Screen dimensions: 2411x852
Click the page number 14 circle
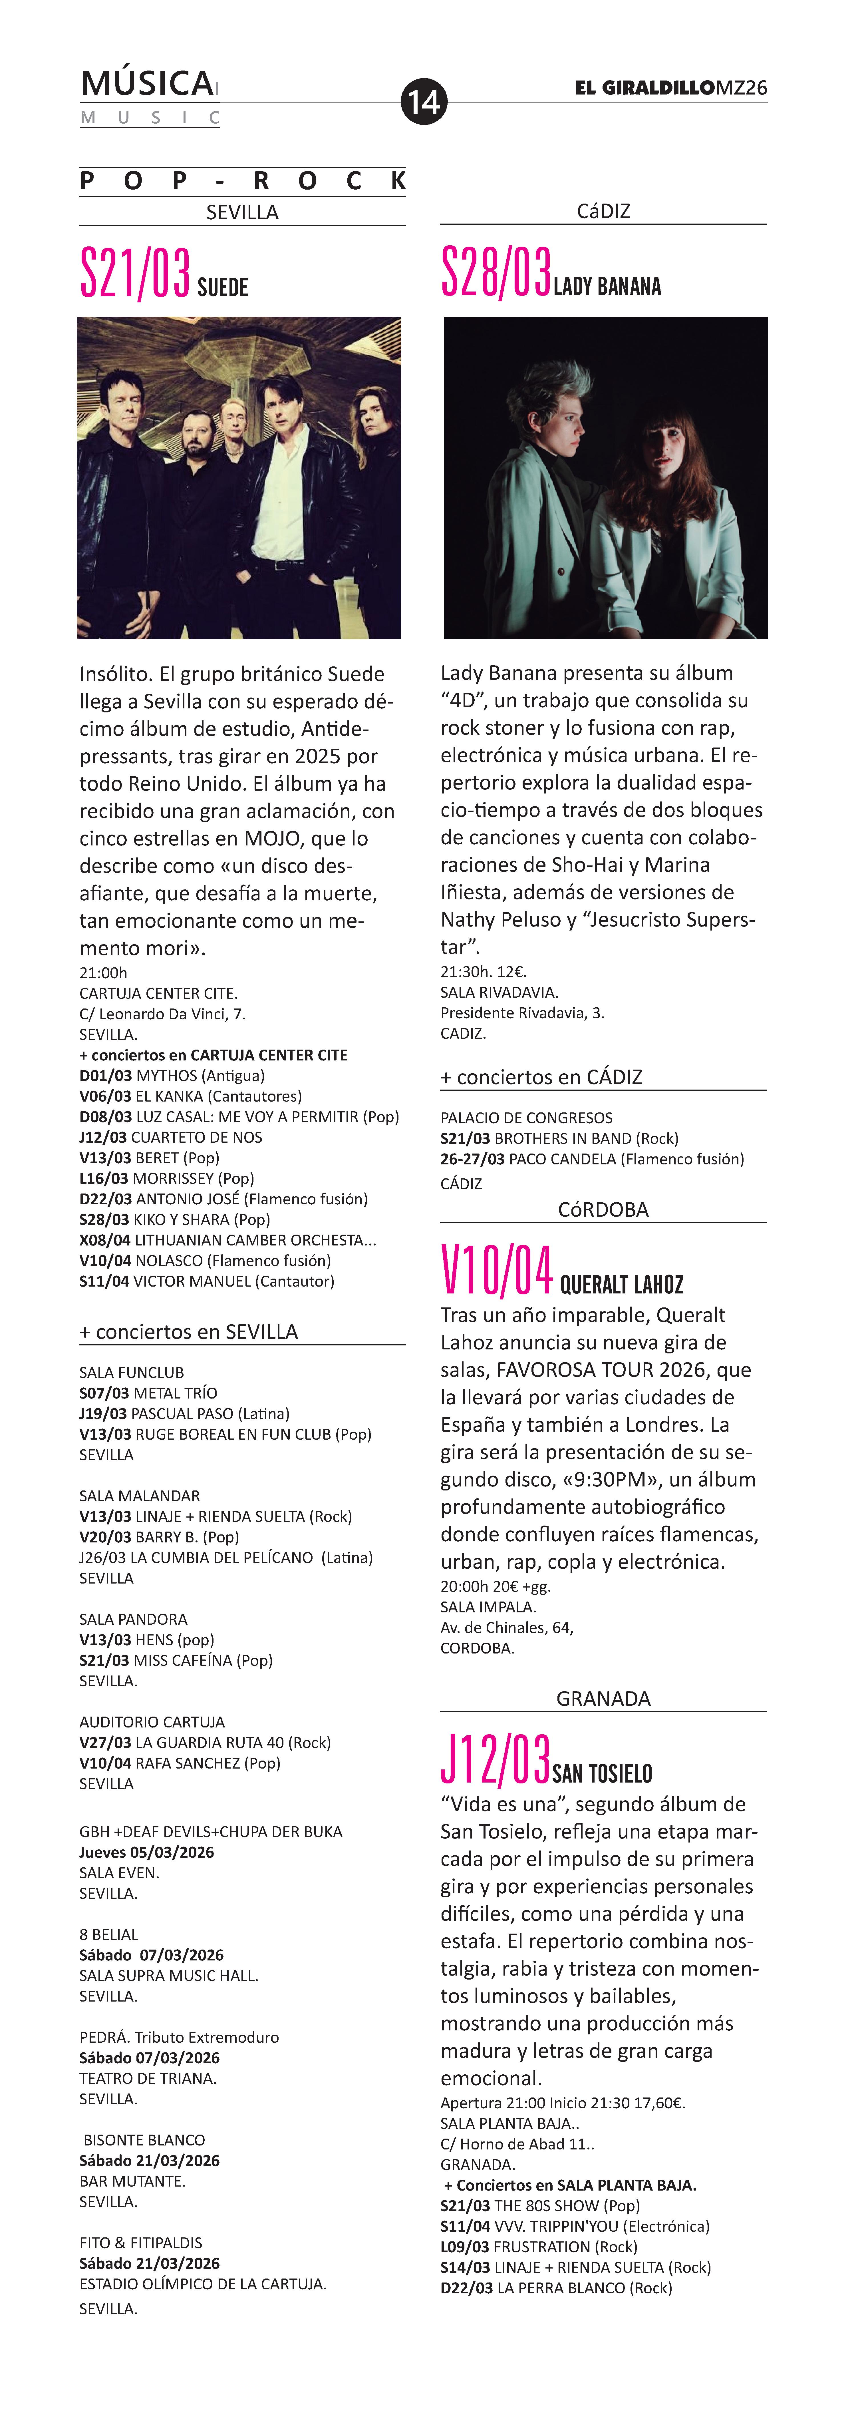424,101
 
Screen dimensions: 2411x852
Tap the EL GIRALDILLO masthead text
645,88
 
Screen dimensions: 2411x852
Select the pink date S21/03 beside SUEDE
135,273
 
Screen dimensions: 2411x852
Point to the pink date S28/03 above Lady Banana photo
496,273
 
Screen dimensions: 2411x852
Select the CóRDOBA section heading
603,1209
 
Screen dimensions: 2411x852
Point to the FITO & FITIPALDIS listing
140,2243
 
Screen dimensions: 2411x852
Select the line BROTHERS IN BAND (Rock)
559,1138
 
